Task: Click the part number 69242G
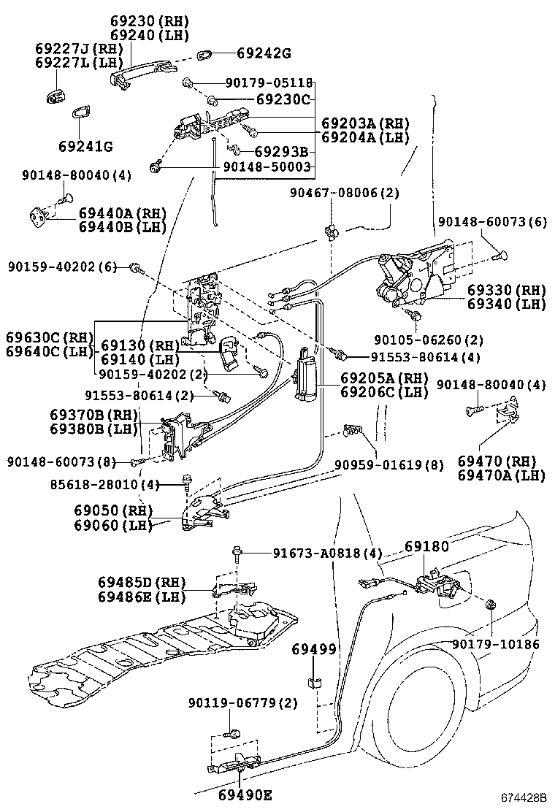click(264, 53)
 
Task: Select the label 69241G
click(85, 147)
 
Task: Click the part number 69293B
click(280, 152)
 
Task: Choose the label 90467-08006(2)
click(345, 193)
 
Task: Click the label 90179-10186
click(495, 644)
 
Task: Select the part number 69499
click(314, 649)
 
